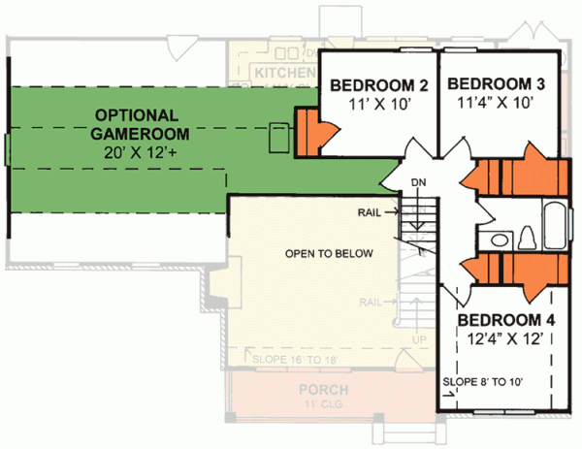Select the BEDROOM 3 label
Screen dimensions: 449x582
click(495, 84)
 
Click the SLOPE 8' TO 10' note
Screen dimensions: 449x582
click(483, 382)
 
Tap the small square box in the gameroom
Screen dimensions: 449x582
click(278, 136)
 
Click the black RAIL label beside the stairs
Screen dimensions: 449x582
click(371, 209)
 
